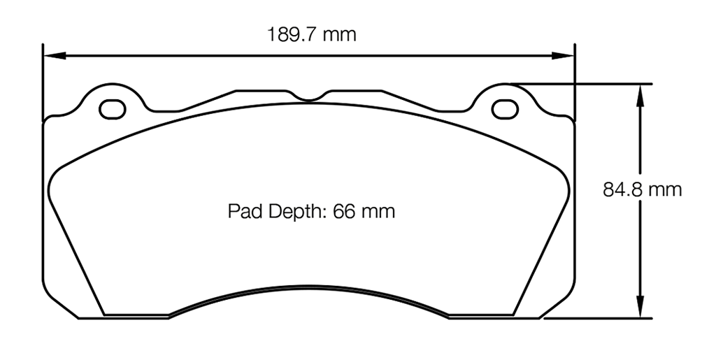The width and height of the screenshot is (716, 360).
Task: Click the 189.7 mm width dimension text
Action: pos(311,34)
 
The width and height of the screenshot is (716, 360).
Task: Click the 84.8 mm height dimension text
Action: pos(642,189)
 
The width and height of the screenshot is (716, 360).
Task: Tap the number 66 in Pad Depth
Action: pos(344,211)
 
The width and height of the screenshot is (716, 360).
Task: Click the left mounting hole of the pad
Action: pos(112,109)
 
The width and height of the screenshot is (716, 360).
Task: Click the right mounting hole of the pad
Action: pos(502,109)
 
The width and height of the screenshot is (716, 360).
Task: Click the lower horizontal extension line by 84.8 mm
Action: pos(594,318)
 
